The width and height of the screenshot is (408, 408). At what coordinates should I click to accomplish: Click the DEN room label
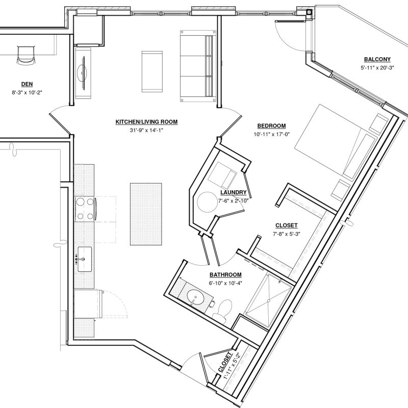point(27,84)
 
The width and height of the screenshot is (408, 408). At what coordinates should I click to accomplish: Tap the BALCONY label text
point(377,59)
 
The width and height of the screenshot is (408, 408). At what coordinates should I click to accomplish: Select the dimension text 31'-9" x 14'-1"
point(146,130)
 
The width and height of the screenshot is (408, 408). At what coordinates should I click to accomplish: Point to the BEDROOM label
point(272,126)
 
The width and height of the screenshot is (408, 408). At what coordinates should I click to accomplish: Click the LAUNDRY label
point(234,192)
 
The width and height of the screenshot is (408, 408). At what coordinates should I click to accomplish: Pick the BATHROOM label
point(225,275)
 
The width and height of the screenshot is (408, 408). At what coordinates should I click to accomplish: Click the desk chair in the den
point(25,55)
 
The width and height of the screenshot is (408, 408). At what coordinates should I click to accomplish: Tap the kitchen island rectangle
point(146,214)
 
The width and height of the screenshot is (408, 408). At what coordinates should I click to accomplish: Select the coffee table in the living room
point(152,71)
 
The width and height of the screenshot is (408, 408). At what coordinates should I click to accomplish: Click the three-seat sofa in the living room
point(198,66)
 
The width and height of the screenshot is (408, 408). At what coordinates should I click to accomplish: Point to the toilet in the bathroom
point(223,309)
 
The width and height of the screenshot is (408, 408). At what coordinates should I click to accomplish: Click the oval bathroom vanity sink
point(196,297)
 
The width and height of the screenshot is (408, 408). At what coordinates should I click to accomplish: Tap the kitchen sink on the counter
point(85,259)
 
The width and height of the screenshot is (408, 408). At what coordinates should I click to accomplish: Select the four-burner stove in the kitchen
point(85,209)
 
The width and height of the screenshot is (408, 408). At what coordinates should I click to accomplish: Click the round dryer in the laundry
point(207,202)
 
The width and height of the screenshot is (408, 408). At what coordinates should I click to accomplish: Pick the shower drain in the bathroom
point(268,301)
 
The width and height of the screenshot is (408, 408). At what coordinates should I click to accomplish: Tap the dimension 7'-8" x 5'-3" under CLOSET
point(287,234)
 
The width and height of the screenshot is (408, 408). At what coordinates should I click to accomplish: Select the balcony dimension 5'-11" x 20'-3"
point(377,68)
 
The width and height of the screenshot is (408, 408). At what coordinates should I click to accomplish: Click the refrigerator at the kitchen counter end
point(88,304)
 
